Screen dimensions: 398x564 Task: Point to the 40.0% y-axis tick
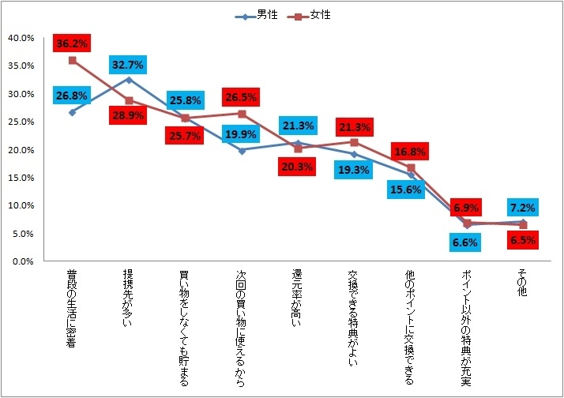coord(21,38)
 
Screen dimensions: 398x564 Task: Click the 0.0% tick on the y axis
coord(23,261)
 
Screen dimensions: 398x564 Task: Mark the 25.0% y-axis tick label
coord(21,122)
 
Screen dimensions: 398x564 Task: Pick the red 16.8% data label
coord(411,152)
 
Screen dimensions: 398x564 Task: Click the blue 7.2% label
coord(523,207)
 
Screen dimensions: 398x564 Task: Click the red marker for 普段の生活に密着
coord(72,60)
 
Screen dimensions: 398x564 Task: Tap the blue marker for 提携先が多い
coord(129,80)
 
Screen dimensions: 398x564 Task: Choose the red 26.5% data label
coord(242,97)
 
